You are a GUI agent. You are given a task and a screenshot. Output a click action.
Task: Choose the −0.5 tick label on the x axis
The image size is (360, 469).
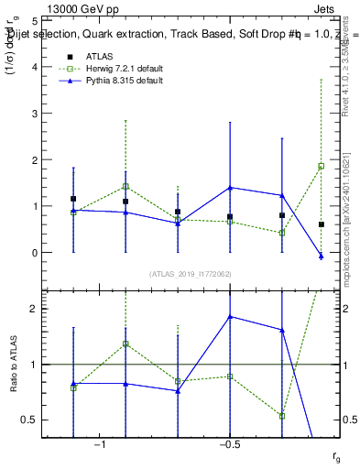click(x=228, y=445)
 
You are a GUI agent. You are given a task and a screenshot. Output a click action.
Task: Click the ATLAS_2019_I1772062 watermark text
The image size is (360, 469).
click(x=190, y=274)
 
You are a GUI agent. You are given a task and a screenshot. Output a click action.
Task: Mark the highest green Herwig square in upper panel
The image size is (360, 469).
click(x=322, y=166)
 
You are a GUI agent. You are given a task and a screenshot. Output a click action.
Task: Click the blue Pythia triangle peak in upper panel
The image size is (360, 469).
click(x=230, y=188)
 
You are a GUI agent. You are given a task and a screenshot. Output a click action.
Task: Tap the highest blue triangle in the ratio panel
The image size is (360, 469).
click(x=230, y=317)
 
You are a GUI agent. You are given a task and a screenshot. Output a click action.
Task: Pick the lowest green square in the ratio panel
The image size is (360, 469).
click(x=282, y=416)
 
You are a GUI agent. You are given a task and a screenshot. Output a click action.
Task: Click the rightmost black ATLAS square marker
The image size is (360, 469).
click(x=322, y=224)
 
